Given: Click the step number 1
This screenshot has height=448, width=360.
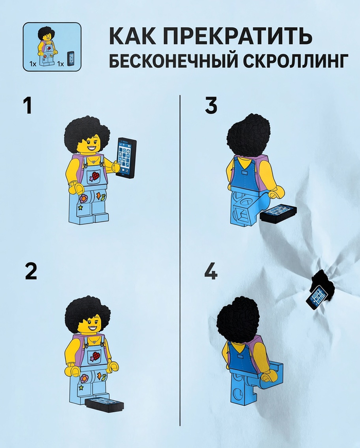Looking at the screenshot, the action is tap(27, 106).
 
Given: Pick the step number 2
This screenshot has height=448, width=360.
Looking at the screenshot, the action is tap(31, 271).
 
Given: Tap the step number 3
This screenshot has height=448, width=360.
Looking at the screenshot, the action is tap(211, 105).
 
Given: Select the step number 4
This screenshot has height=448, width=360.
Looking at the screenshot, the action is tap(211, 271).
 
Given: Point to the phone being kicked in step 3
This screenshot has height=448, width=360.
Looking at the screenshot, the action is tap(278, 213).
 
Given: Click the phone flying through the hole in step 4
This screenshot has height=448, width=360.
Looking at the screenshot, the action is tap(316, 297).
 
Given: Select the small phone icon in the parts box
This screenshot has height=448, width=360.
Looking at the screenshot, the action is tap(70, 59).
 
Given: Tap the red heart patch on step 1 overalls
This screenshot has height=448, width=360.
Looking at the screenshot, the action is tap(96, 175).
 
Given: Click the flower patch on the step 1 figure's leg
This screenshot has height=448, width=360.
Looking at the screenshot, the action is tap(84, 198).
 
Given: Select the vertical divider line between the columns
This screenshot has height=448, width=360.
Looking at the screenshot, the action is tap(180, 260).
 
